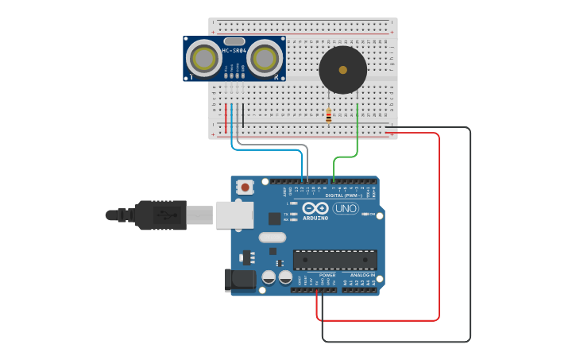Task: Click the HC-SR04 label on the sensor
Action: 234,51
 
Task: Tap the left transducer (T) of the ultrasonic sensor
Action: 203,58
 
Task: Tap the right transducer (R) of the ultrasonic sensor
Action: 265,58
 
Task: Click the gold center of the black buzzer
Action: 342,70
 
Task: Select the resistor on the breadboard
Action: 328,116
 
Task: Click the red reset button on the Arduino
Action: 245,188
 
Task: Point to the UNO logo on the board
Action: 346,208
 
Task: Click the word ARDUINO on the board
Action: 315,218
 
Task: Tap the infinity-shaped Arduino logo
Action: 315,207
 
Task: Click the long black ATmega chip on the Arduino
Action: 334,260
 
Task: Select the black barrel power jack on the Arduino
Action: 240,279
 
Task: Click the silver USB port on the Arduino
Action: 234,215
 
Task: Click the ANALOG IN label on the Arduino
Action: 362,275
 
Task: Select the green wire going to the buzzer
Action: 358,131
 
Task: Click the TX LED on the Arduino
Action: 293,214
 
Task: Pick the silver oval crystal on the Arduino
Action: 272,237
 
